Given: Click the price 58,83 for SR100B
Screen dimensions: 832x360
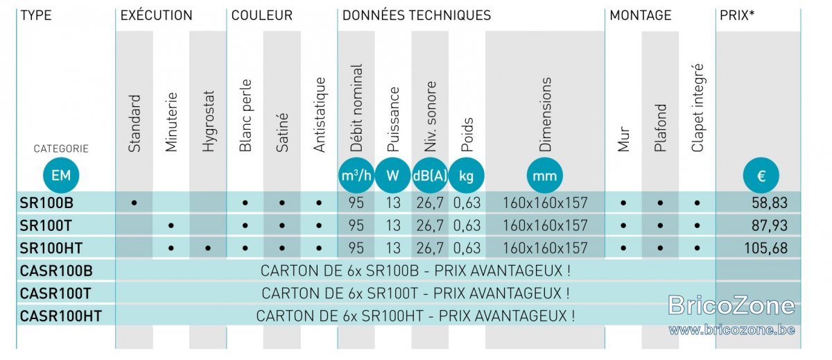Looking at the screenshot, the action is tap(769, 203).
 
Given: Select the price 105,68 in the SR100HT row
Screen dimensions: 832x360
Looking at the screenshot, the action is tap(765, 248).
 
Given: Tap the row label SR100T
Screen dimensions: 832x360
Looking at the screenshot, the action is tap(45, 225).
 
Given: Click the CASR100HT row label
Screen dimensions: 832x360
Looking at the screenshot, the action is tap(60, 316).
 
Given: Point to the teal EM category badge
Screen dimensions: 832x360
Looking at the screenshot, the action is tap(61, 175).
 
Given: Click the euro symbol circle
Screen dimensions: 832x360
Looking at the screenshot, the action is tap(761, 175).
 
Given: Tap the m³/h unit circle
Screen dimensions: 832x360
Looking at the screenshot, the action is tap(356, 175).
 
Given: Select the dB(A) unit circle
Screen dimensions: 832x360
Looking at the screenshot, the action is tap(430, 175).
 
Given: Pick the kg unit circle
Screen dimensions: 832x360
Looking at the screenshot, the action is tap(466, 175).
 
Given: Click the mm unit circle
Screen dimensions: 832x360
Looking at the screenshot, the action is tap(544, 175).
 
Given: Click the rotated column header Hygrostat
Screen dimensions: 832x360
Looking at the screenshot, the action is tap(209, 121).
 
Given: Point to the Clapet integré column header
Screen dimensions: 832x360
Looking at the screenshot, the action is tap(697, 108).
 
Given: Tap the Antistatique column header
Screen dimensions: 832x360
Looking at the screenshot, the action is tap(320, 115).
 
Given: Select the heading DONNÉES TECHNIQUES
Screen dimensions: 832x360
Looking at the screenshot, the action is tap(417, 15).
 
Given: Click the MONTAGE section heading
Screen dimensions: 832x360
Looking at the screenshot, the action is tap(641, 15).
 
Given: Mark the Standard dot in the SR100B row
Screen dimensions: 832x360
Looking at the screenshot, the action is tap(134, 203).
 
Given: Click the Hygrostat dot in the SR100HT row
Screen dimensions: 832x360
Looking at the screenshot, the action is tap(208, 248).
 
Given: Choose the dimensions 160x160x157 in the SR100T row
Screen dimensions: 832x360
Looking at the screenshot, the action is tap(545, 225).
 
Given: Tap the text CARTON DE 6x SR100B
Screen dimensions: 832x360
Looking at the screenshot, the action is tap(340, 271).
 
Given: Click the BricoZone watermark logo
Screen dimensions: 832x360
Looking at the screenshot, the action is tap(731, 305).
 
